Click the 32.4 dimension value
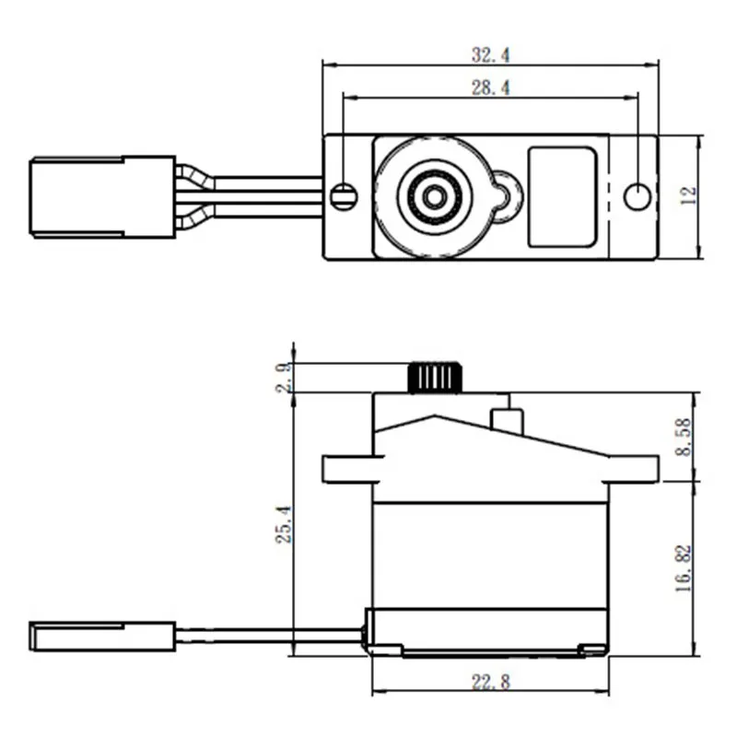point(490,54)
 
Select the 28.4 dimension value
point(490,88)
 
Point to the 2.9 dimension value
point(285,378)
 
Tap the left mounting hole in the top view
point(344,195)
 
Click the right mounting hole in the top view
point(638,195)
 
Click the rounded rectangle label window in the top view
point(562,196)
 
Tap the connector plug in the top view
point(101,196)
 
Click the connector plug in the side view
point(101,635)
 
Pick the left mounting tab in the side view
point(347,469)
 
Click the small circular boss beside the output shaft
point(505,194)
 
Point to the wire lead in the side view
point(267,633)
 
